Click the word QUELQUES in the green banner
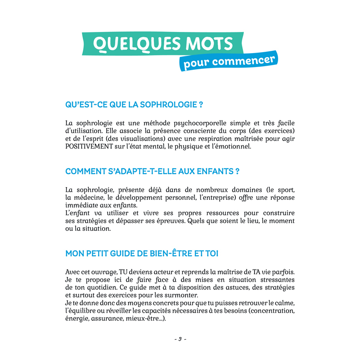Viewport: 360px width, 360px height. tap(131, 44)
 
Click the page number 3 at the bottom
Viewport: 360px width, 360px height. tap(180, 339)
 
